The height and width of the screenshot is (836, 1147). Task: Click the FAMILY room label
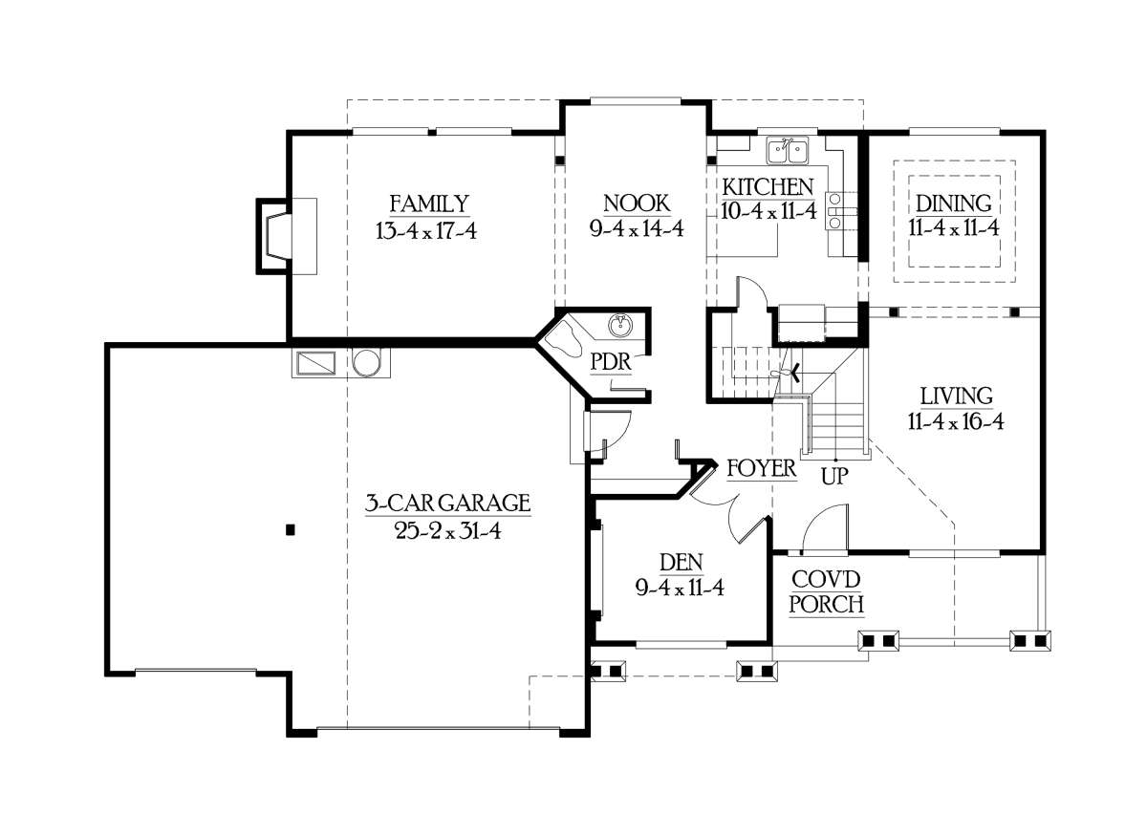(429, 204)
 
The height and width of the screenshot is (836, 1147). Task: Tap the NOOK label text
(637, 204)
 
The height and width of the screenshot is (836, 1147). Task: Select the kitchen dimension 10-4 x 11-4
(768, 211)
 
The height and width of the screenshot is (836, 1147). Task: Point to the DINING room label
(954, 204)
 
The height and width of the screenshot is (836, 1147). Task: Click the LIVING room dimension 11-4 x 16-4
(956, 422)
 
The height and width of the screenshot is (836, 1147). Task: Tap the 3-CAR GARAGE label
(447, 504)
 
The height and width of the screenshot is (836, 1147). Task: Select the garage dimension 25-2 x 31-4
(448, 531)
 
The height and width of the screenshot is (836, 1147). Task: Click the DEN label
(681, 562)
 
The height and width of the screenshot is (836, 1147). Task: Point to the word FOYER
(762, 468)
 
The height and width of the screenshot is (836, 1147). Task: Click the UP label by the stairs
(834, 477)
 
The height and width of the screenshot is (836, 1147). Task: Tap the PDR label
(611, 362)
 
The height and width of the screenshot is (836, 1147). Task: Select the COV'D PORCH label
(826, 592)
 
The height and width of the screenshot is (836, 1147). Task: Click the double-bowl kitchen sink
(787, 151)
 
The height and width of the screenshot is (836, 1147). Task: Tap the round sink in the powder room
(620, 326)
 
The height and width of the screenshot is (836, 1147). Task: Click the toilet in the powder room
(563, 339)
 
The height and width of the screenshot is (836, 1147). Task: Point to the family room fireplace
(274, 237)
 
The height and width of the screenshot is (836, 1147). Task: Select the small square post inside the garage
(291, 530)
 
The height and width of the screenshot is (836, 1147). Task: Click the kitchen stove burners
(835, 210)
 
